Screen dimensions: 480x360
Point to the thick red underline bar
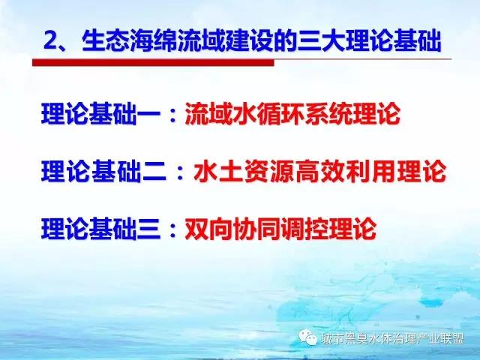pos(153,63)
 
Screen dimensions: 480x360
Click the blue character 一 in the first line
pos(148,114)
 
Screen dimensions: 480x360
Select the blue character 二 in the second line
pos(154,172)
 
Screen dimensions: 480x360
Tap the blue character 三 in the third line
pos(148,229)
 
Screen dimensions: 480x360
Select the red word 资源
pos(269,172)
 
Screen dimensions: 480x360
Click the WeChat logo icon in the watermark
pos(307,337)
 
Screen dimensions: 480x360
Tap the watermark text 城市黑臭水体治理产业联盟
pos(392,338)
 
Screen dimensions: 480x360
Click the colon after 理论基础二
pos(180,172)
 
